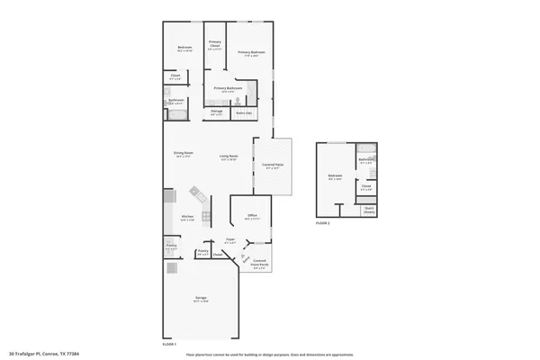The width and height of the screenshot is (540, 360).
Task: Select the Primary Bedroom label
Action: click(249, 53)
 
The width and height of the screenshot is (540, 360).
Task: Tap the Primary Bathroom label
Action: click(229, 88)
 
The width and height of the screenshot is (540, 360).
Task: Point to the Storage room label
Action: click(217, 112)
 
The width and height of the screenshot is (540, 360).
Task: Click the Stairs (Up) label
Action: click(244, 113)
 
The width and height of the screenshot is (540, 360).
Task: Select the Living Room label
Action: click(229, 157)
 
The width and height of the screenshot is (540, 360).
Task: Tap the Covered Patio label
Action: click(274, 166)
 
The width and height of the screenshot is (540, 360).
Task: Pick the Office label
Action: click(253, 217)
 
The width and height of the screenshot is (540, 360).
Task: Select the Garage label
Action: click(201, 300)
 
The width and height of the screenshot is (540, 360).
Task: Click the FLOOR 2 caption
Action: click(322, 222)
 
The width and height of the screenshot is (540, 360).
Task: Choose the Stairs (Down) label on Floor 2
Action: click(369, 211)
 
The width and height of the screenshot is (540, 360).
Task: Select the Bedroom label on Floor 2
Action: click(335, 176)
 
